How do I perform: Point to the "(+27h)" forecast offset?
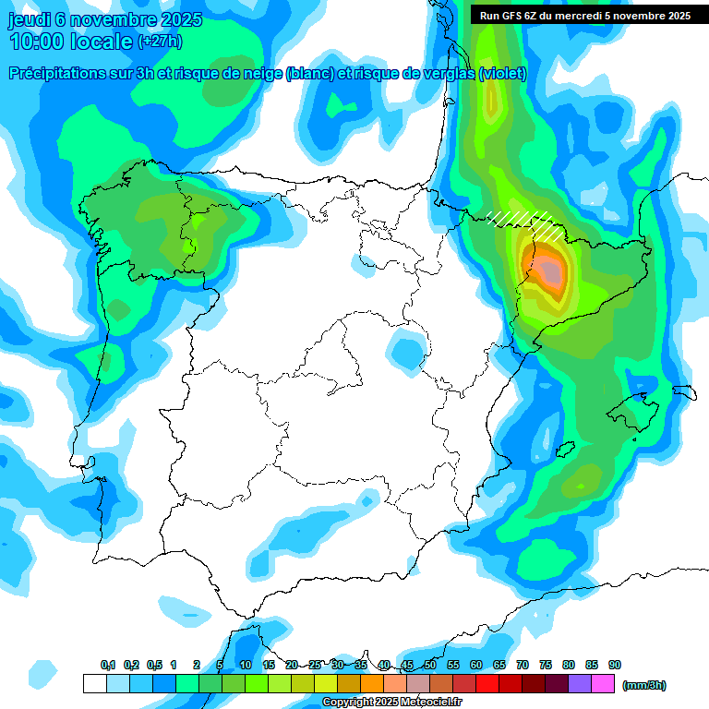tap(160, 42)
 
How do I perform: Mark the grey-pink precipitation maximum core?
tap(550, 270)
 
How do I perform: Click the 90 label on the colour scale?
tap(615, 665)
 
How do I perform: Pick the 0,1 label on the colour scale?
tap(108, 665)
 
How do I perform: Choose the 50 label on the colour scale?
tap(430, 665)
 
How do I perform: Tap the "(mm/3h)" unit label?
tap(644, 685)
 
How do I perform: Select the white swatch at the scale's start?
tap(94, 683)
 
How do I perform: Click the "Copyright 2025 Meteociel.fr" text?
tap(391, 703)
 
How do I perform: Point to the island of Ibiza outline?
tap(565, 451)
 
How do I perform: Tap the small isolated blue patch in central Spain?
tap(405, 351)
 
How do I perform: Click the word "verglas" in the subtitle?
tap(447, 75)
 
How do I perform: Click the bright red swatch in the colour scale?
tap(487, 683)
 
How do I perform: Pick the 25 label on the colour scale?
tap(315, 665)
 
